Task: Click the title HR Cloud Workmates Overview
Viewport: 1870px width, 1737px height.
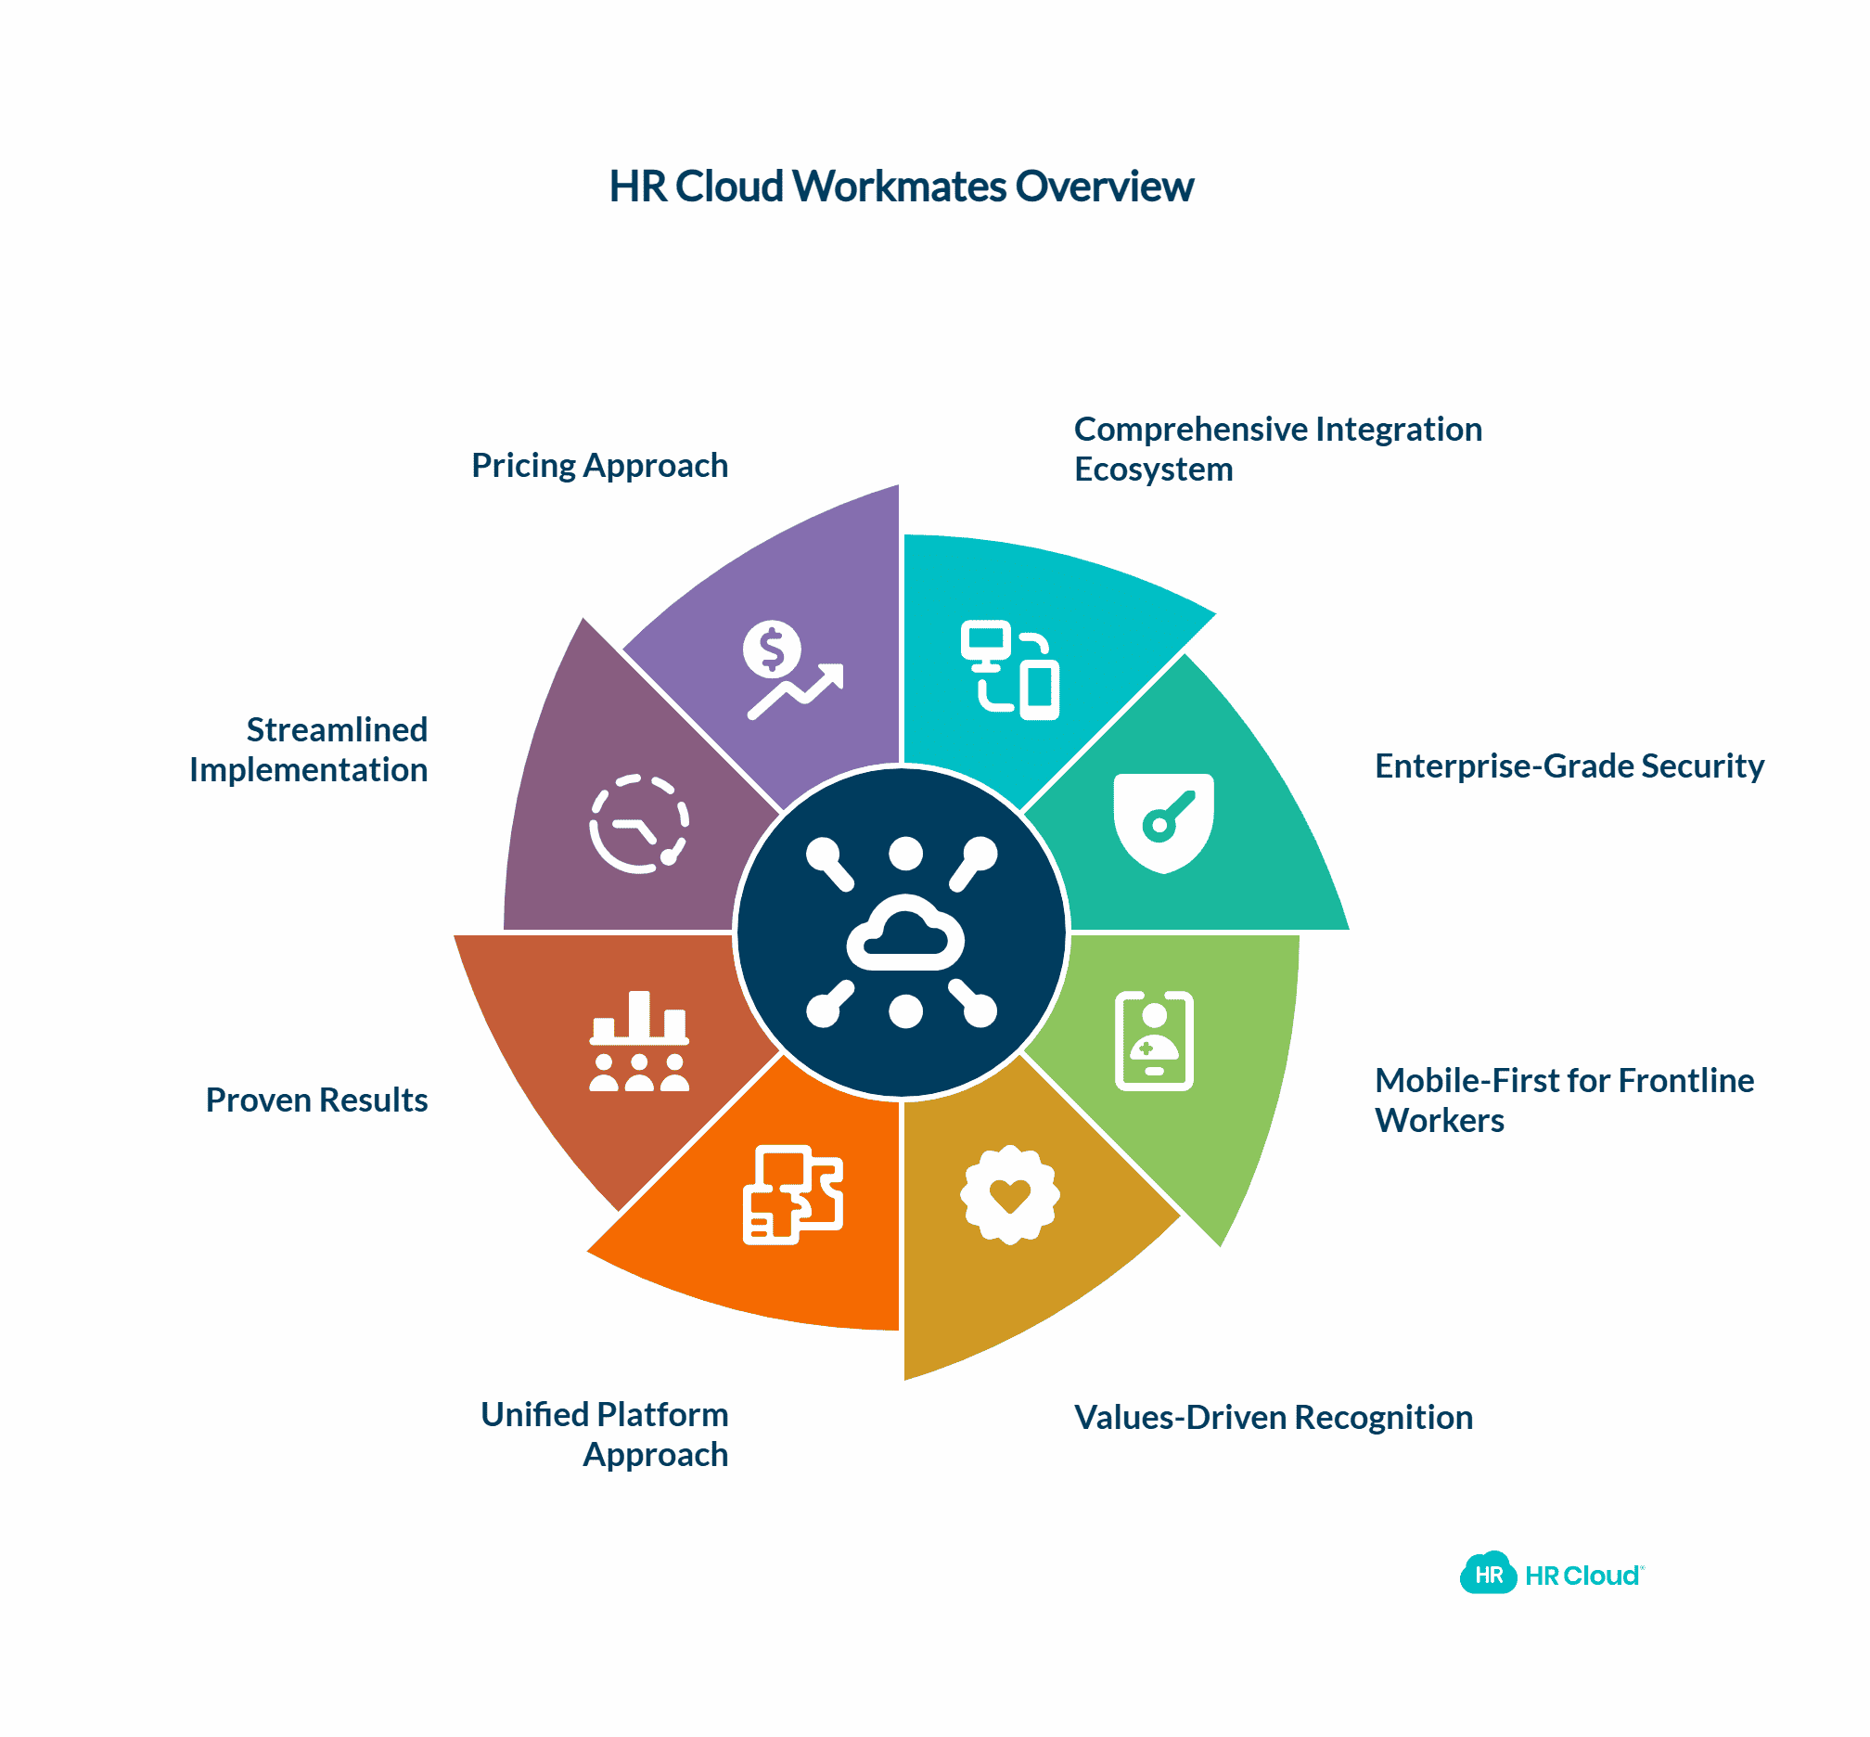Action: (x=901, y=187)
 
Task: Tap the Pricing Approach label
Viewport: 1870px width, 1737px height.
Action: (x=599, y=465)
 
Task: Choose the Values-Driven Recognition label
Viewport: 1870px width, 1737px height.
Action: (x=1273, y=1418)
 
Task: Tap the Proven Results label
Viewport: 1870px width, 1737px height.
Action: (x=316, y=1100)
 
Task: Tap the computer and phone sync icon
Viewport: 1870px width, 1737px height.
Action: (x=1009, y=669)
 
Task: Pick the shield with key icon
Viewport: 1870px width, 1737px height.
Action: (x=1162, y=822)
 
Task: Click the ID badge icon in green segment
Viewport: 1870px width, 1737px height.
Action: (x=1153, y=1040)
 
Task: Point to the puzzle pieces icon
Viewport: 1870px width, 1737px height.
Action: (x=792, y=1195)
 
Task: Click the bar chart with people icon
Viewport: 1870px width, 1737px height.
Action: (x=639, y=1040)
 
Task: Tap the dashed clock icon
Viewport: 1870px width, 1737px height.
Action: (x=639, y=823)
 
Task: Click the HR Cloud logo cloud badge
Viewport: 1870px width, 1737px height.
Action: (x=1488, y=1576)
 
